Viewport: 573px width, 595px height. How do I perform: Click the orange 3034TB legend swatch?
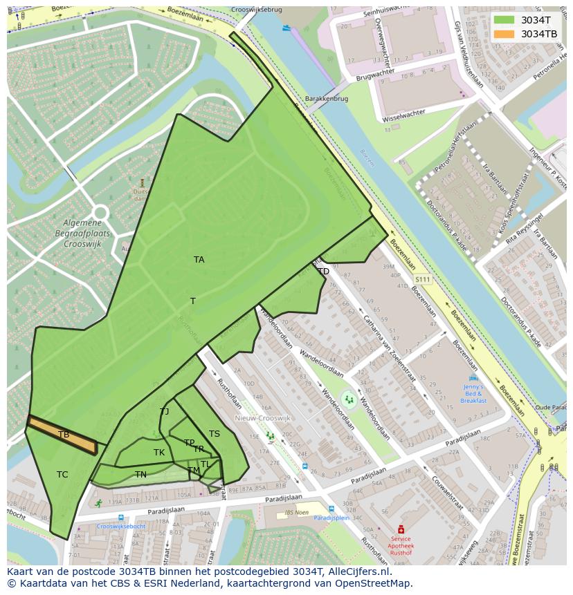tap(504, 34)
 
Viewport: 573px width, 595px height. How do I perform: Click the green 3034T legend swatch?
tap(504, 20)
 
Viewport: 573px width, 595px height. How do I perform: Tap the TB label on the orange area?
tap(64, 435)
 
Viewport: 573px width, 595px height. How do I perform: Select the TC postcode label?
tap(62, 475)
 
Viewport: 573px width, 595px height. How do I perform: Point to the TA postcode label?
tap(199, 260)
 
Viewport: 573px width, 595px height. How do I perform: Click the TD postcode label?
tap(323, 272)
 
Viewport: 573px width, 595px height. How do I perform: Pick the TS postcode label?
tap(215, 434)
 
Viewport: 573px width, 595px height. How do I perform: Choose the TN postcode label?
tap(140, 475)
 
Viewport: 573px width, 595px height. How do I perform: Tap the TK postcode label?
tap(159, 453)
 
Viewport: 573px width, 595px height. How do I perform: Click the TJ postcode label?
tap(164, 412)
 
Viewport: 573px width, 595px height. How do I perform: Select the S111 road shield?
tap(422, 279)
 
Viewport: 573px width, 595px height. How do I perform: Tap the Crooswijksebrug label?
tap(258, 10)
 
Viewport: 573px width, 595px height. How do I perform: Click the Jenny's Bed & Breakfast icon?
tap(473, 379)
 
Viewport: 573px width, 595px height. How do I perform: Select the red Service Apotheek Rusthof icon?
tap(400, 529)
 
